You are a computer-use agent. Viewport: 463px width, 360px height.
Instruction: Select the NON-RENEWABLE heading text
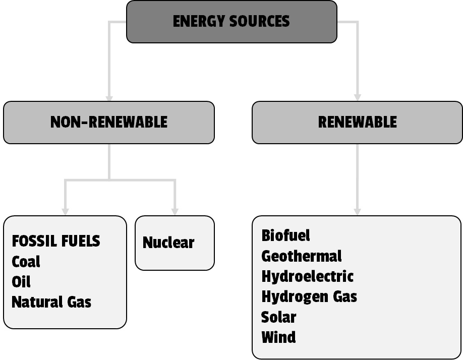[108, 122]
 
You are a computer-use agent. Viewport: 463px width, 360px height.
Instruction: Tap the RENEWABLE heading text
[357, 122]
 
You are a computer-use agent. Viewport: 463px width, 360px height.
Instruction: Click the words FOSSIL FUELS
[55, 241]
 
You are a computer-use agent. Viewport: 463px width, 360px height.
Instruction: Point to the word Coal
[26, 262]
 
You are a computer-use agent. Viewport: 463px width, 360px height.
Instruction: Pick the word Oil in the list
[21, 282]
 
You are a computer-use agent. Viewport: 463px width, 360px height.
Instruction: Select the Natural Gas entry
[51, 302]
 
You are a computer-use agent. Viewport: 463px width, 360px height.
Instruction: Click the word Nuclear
[168, 243]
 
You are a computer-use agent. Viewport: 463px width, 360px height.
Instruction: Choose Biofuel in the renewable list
[285, 235]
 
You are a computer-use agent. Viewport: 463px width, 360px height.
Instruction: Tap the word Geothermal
[301, 256]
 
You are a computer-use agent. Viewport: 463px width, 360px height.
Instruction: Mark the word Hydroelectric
[307, 276]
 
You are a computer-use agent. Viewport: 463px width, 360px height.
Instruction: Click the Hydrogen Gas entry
[309, 296]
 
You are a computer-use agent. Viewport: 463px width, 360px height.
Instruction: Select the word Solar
[278, 317]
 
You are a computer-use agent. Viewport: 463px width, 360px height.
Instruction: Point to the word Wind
[278, 337]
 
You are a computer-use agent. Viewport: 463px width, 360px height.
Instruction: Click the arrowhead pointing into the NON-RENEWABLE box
[109, 97]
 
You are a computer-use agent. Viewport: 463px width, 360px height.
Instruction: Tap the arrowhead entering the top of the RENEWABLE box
[358, 97]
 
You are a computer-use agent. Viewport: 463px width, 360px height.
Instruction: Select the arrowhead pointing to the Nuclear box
[175, 211]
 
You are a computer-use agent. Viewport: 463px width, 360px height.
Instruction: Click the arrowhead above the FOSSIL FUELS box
[65, 211]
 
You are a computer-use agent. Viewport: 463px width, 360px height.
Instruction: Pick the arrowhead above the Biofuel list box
[358, 211]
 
